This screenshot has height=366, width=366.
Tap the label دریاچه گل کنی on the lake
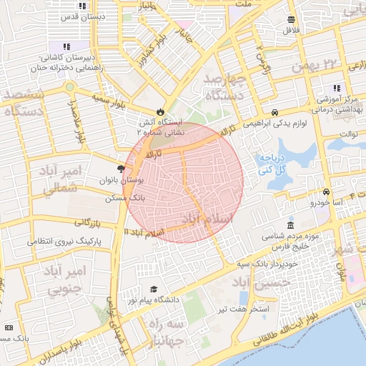(x=272, y=164)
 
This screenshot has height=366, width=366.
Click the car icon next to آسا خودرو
(x=326, y=192)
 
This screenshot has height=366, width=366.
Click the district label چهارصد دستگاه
(x=224, y=86)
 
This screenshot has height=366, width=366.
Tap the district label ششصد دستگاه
(x=24, y=102)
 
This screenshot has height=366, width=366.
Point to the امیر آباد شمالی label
(x=59, y=180)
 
